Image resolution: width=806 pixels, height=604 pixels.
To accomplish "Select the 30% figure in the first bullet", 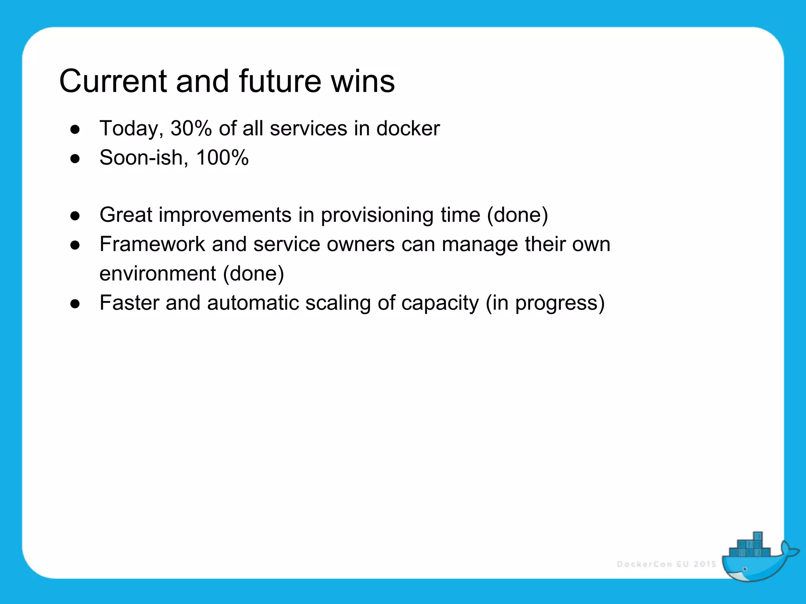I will (x=191, y=129).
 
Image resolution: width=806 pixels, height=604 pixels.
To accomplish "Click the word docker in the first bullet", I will (x=408, y=129).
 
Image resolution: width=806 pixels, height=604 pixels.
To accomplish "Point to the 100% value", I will (x=222, y=158).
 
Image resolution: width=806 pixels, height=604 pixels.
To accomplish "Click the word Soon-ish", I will (x=141, y=158).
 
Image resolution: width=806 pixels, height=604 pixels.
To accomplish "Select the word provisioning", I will (x=377, y=215).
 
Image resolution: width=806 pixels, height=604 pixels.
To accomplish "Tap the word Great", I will (x=126, y=215).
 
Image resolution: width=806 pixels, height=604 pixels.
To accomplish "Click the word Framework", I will (x=152, y=244).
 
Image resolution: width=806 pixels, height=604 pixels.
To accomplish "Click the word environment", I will (x=157, y=273).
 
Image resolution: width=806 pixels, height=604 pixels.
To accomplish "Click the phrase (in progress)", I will (x=545, y=303).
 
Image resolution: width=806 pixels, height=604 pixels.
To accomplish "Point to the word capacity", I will (x=440, y=304).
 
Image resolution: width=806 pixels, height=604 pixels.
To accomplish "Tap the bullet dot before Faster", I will (x=75, y=304).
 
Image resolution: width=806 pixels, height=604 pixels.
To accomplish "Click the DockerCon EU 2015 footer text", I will (x=666, y=564).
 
